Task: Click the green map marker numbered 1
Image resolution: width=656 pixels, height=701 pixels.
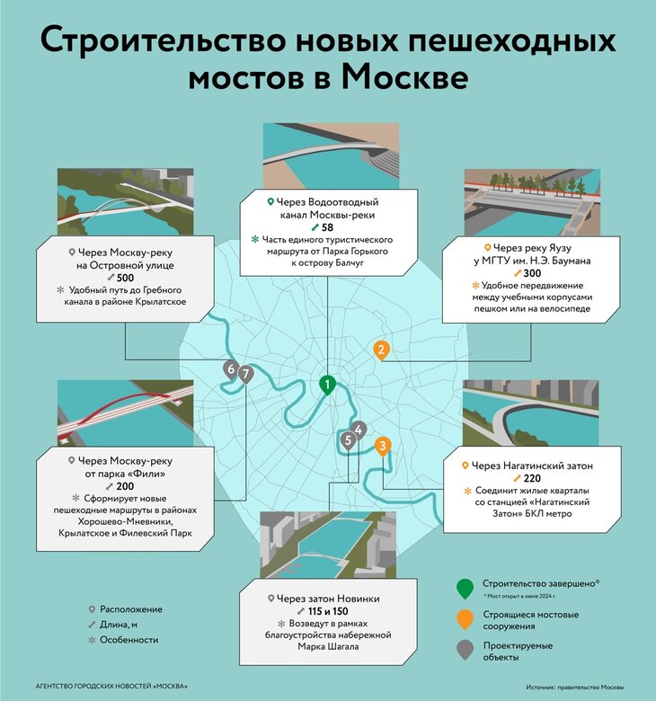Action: [x=329, y=385]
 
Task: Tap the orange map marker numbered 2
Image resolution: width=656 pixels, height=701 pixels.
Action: [x=382, y=350]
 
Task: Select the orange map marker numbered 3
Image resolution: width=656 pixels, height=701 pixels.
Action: [x=383, y=445]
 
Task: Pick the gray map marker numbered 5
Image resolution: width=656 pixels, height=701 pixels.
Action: [x=348, y=439]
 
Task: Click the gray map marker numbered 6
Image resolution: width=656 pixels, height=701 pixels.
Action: [x=232, y=369]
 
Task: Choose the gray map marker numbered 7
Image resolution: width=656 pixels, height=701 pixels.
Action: [x=245, y=374]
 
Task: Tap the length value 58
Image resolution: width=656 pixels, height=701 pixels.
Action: [x=327, y=228]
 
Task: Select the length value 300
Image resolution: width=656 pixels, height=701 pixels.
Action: [x=533, y=273]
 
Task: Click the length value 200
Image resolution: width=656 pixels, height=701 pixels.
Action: [x=125, y=485]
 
